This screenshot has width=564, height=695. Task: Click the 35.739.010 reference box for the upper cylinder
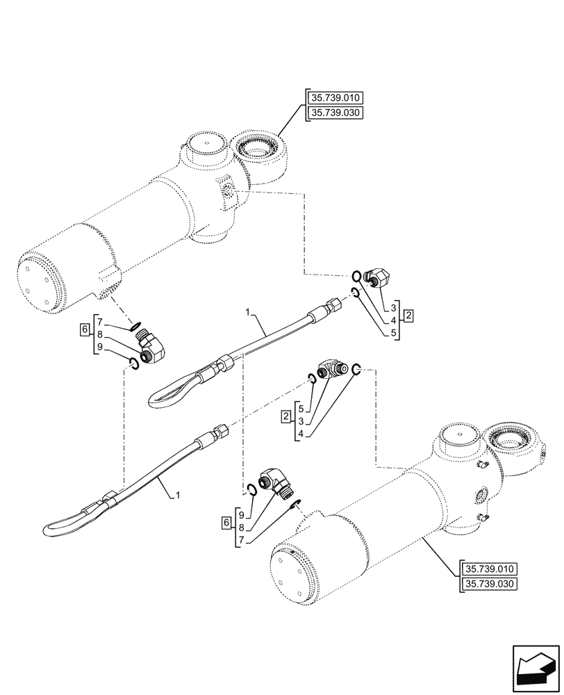(x=338, y=97)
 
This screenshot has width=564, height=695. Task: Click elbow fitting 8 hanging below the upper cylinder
(x=153, y=347)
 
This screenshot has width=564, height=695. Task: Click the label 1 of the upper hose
(x=248, y=314)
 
